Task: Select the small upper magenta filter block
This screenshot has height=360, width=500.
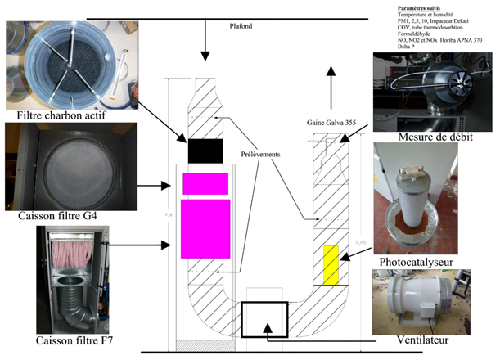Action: (205, 183)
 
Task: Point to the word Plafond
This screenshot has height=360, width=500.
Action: (242, 26)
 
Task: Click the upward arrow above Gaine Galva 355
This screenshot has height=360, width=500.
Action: (331, 82)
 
